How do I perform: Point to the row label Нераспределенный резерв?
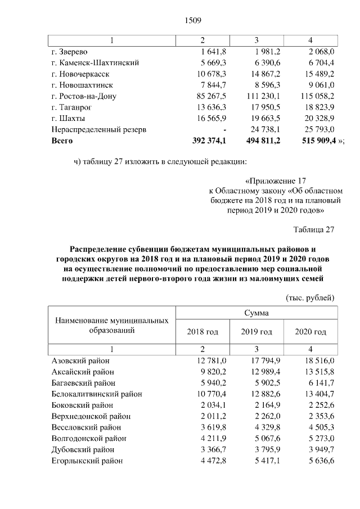98,129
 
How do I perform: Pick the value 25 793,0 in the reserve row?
317,129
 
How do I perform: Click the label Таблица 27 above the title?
314,229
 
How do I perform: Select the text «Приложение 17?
276,182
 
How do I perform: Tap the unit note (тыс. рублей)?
310,297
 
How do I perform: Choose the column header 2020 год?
310,332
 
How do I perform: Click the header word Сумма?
256,313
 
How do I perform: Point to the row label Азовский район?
80,361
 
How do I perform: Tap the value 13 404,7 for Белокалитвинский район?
317,394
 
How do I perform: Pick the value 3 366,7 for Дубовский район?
211,449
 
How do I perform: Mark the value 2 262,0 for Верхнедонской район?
265,416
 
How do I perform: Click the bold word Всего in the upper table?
62,141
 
